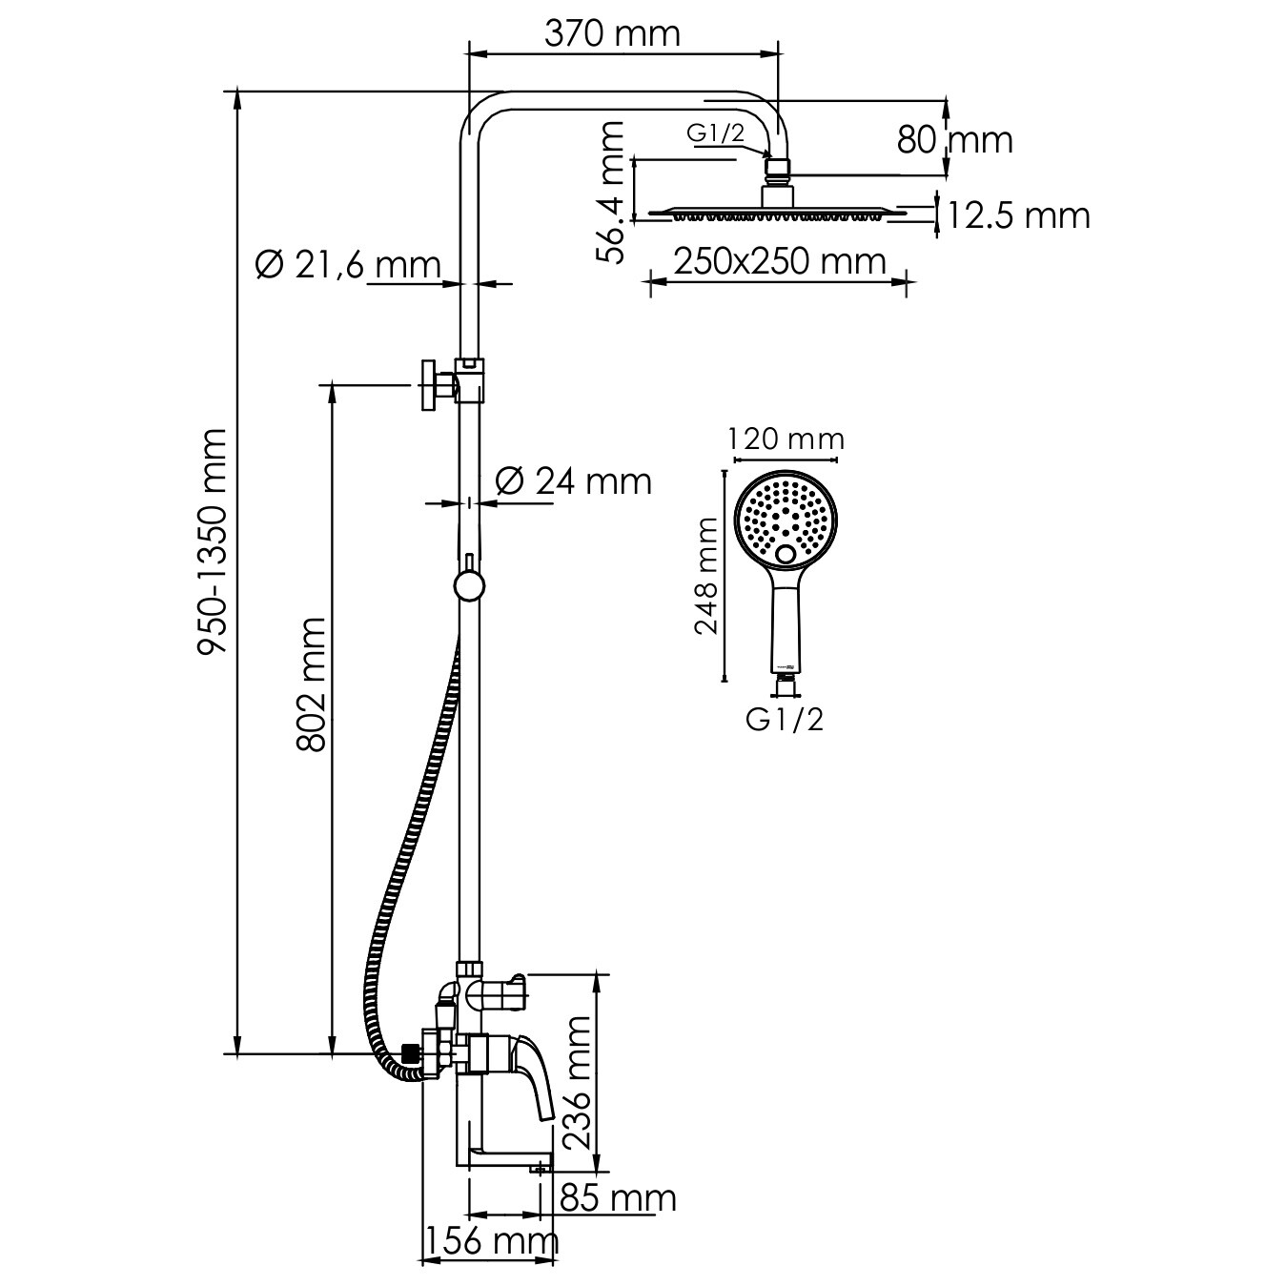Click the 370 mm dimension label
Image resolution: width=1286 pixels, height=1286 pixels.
point(612,34)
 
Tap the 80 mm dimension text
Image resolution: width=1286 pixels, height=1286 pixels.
point(954,140)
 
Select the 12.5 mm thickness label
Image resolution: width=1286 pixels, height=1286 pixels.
point(1018,215)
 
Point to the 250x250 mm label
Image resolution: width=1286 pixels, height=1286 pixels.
point(780,261)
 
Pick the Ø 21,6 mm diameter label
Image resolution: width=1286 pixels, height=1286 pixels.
point(348,265)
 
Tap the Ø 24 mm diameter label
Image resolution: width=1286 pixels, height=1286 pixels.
point(573,480)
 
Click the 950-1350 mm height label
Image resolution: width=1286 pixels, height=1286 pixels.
point(214,541)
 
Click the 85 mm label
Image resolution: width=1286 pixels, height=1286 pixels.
point(618,1198)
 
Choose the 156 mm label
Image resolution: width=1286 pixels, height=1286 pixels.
point(492,1242)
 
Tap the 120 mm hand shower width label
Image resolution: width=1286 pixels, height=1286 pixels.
point(786,439)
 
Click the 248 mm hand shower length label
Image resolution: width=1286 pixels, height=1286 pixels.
point(706,575)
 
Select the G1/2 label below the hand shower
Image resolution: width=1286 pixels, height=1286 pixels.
point(785,720)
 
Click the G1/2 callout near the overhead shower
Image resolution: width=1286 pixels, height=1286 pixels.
point(715,133)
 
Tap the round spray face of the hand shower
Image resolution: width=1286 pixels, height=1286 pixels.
point(786,521)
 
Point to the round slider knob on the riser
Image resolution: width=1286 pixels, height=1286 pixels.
point(469,586)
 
